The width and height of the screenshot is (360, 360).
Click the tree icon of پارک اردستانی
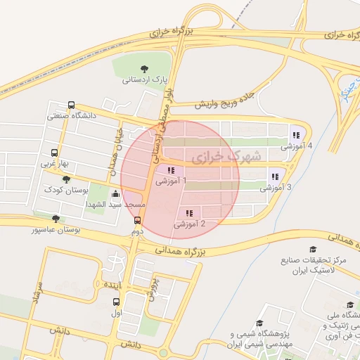(x=144, y=69)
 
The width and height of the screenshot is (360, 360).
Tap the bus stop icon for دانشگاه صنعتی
(x=72, y=104)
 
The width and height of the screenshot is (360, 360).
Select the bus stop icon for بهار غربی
(x=55, y=153)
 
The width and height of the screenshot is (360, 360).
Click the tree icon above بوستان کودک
(x=66, y=179)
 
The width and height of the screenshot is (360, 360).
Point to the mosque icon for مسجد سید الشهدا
(x=115, y=193)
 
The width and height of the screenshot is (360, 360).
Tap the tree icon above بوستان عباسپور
(x=56, y=219)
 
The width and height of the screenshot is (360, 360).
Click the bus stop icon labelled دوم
(x=137, y=220)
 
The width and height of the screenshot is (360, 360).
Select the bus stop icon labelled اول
(x=116, y=302)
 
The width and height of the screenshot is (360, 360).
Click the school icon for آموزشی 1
(x=171, y=170)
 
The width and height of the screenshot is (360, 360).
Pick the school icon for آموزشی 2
(x=188, y=213)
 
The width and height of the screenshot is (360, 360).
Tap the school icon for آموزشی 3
(x=274, y=176)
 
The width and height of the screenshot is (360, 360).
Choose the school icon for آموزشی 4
(x=295, y=135)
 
